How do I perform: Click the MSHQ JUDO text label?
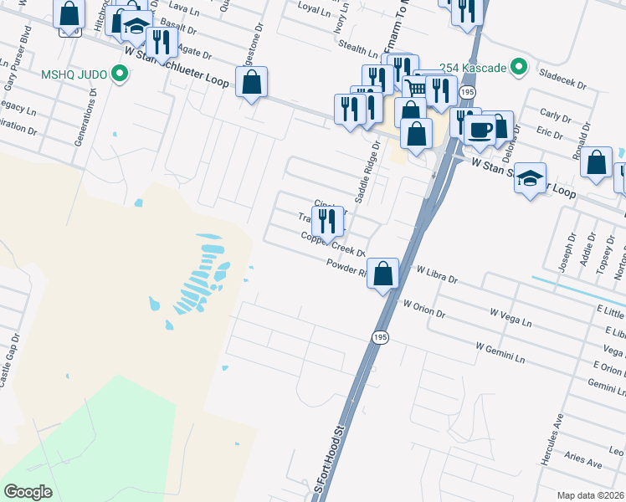(74, 74)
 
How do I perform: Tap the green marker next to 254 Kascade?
(519, 65)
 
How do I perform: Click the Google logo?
(28, 492)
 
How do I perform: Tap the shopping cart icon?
(416, 88)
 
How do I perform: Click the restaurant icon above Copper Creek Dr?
(327, 221)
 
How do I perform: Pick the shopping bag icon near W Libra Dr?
(382, 273)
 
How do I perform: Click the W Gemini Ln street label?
(500, 351)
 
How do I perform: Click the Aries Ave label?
(584, 462)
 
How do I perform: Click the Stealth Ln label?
(361, 52)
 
